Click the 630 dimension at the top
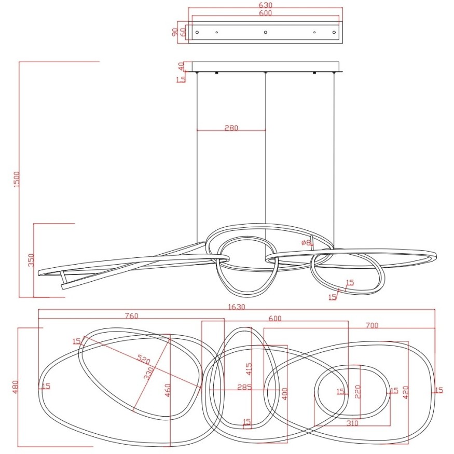click(265, 5)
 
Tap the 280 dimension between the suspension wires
click(231, 128)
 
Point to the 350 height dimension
click(31, 260)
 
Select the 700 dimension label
click(372, 325)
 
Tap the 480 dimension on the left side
click(15, 387)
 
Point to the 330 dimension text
click(148, 373)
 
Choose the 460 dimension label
click(167, 390)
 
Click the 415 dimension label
click(249, 369)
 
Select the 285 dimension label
click(244, 387)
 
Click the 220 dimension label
click(357, 391)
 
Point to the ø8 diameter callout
click(306, 242)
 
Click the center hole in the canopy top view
click(265, 33)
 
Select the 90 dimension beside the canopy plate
click(175, 32)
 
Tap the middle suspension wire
click(265, 156)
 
